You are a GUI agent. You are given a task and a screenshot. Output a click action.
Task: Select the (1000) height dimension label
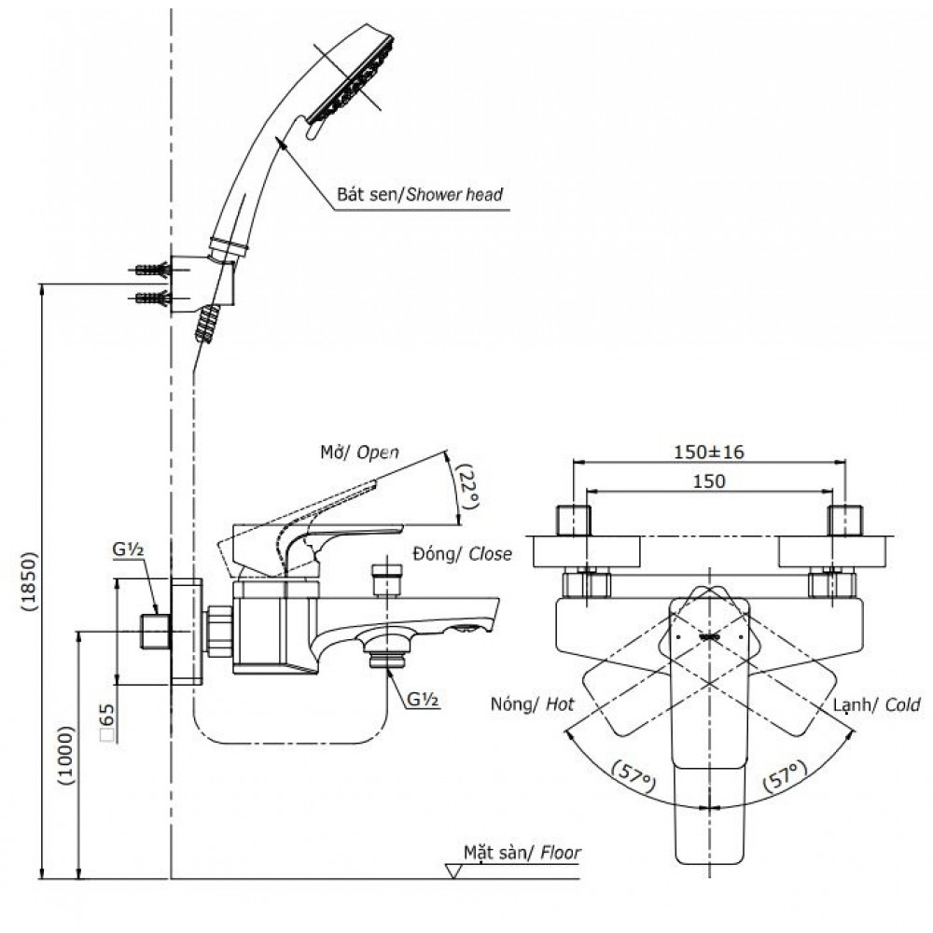pyautogui.click(x=63, y=754)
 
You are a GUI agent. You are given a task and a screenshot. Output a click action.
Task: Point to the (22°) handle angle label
pyautogui.click(x=467, y=486)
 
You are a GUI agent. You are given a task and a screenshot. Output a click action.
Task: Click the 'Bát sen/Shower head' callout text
pyautogui.click(x=419, y=195)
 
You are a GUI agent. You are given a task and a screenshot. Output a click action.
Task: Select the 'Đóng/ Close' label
pyautogui.click(x=461, y=554)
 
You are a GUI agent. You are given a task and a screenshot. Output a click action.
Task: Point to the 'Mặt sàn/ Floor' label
pyautogui.click(x=522, y=853)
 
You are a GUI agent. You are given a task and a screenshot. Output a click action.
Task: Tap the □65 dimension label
pyautogui.click(x=107, y=722)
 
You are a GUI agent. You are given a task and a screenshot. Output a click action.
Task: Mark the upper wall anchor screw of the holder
pyautogui.click(x=153, y=271)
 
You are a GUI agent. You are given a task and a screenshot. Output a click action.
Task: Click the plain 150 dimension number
pyautogui.click(x=708, y=480)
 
